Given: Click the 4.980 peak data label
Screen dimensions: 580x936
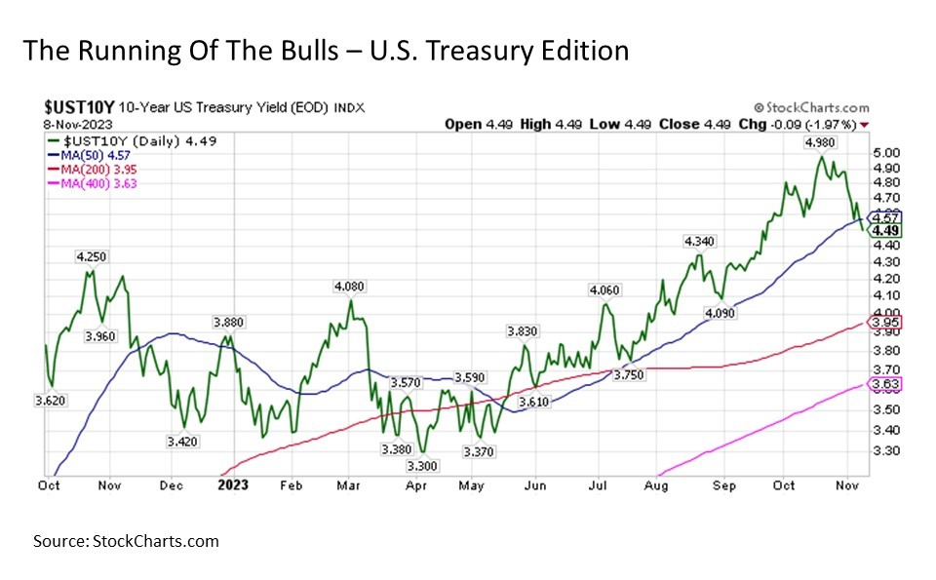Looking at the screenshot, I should point(821,143).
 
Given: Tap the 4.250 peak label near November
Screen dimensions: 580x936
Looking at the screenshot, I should point(91,256).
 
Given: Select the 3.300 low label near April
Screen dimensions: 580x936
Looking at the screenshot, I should point(422,466).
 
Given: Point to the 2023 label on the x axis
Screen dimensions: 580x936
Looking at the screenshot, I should point(233,483).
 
